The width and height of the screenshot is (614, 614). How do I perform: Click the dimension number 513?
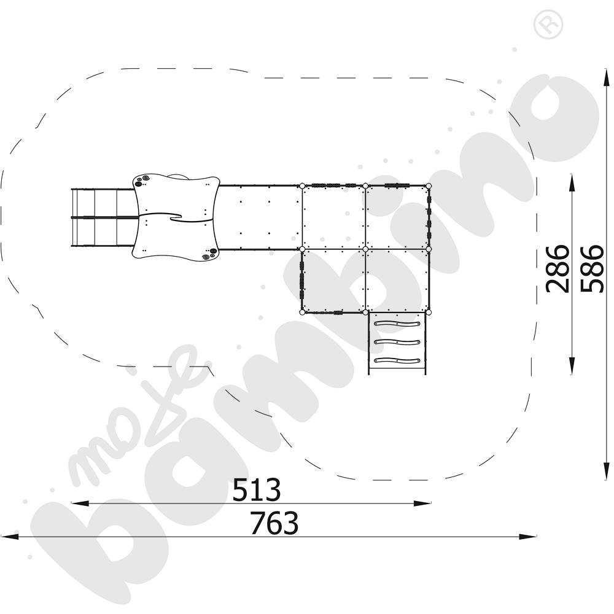click(257, 489)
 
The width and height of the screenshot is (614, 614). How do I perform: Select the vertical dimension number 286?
click(558, 269)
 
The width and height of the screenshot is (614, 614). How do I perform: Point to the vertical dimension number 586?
click(591, 269)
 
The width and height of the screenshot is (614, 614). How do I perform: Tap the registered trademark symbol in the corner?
click(548, 25)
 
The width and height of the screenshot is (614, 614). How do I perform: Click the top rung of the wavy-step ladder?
click(397, 324)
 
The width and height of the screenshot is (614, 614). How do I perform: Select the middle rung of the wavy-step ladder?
click(397, 342)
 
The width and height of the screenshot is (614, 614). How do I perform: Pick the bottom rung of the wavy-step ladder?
click(397, 360)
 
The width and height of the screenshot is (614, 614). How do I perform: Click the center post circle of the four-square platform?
click(365, 249)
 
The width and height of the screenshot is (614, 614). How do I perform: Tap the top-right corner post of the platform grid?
click(429, 185)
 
